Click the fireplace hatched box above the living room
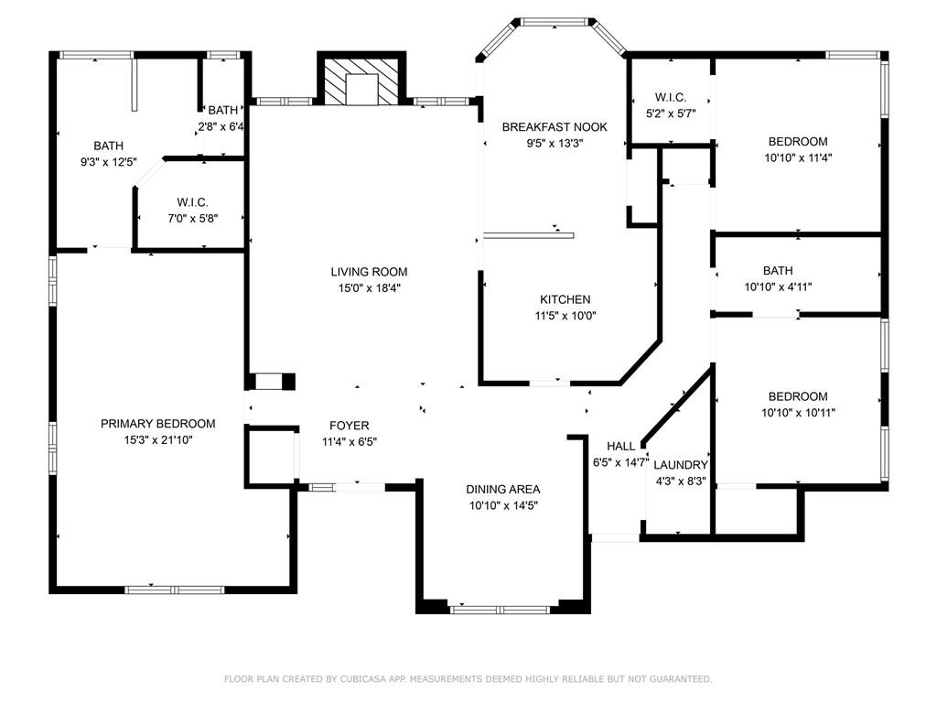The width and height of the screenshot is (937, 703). click(361, 81)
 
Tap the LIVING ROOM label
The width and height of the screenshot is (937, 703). click(370, 272)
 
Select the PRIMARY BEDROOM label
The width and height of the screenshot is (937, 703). click(157, 424)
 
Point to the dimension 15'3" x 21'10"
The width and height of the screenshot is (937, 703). click(157, 440)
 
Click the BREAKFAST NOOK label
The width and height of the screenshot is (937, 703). click(555, 126)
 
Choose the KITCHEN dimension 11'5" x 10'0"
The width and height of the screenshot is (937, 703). click(565, 316)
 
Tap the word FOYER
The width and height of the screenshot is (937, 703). click(350, 426)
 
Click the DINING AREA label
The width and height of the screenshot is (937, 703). click(503, 489)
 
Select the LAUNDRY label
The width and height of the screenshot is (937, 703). click(681, 465)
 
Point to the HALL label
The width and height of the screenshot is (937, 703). click(621, 446)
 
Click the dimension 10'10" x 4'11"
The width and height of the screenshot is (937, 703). click(778, 287)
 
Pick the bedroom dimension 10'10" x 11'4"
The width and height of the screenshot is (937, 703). click(798, 157)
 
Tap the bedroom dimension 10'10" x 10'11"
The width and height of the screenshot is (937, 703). click(798, 413)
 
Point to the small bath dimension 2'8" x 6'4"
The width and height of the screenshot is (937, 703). click(221, 126)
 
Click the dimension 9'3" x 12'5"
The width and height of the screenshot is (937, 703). click(109, 161)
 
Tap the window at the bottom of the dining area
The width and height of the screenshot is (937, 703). click(500, 610)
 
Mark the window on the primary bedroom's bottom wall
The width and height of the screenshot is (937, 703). click(175, 589)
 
